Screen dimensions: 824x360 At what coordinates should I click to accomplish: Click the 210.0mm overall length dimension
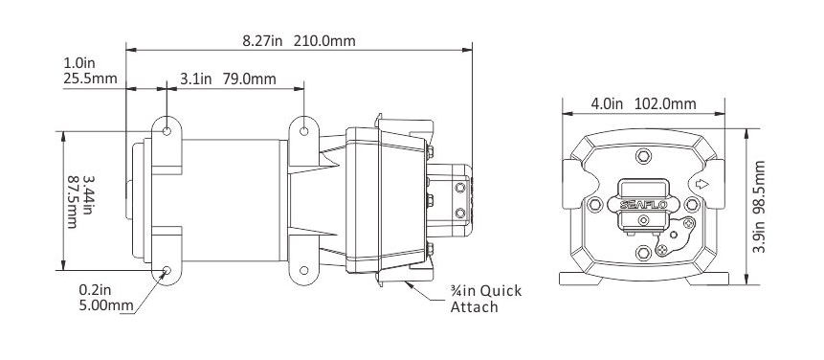pos(324,40)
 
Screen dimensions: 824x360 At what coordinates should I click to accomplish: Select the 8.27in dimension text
pos(262,40)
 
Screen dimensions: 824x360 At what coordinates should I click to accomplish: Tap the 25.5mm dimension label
pos(90,79)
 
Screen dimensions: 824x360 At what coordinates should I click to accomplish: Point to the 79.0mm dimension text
pos(249,79)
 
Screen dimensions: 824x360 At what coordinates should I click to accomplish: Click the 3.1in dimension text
pos(195,79)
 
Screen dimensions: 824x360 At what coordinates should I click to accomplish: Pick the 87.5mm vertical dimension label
pos(73,202)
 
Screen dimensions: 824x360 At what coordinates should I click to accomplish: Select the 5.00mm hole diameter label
pos(106,305)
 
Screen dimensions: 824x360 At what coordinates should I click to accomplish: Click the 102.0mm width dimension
pos(665,103)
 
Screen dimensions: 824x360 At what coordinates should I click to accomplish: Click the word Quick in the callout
pos(501,291)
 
